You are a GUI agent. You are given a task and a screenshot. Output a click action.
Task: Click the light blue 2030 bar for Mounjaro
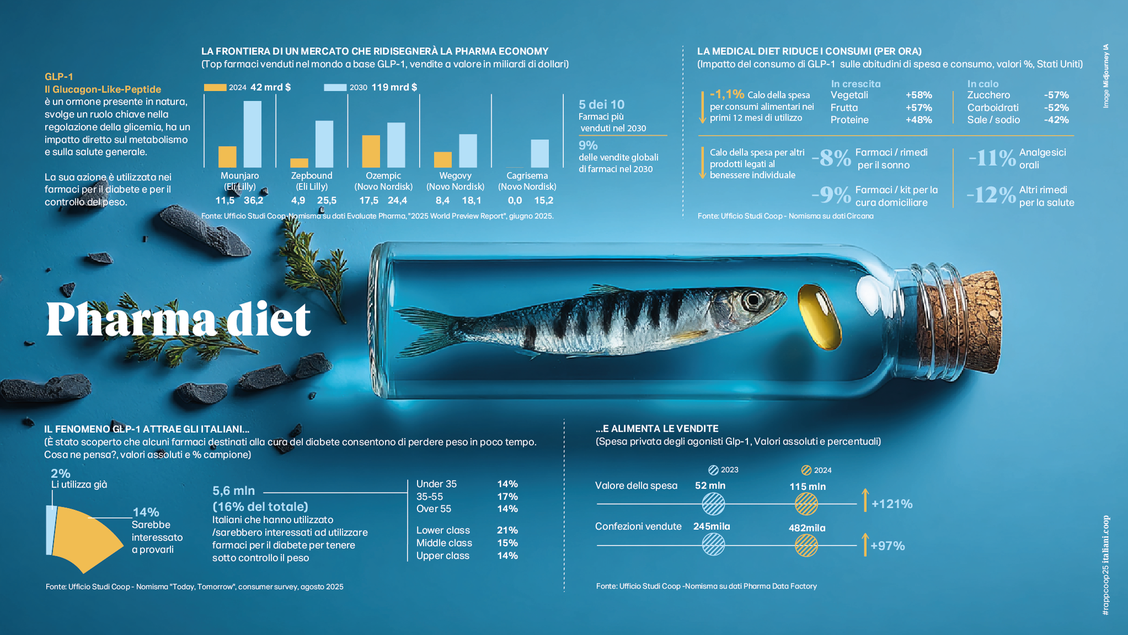253,134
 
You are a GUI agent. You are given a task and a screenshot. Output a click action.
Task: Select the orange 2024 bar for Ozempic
371,151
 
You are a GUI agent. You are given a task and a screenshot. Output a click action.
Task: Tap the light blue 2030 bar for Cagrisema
539,153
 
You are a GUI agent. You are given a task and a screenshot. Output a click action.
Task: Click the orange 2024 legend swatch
215,87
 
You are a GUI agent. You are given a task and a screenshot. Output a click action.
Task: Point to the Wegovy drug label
455,176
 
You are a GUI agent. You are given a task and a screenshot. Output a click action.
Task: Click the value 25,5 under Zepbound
327,201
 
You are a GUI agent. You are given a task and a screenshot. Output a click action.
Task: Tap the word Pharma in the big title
130,319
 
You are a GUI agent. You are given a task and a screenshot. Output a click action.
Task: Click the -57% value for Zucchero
1056,95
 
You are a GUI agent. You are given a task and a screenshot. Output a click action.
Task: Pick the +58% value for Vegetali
918,95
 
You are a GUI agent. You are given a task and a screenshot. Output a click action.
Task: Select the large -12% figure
991,195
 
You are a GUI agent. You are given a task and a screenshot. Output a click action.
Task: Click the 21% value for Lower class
507,530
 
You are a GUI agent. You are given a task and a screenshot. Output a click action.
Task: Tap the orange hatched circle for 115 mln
806,504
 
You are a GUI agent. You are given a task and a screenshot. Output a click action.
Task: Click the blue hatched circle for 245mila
713,545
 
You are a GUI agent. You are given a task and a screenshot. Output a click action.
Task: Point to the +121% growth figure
891,504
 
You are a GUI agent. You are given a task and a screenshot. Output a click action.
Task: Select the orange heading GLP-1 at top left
59,77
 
